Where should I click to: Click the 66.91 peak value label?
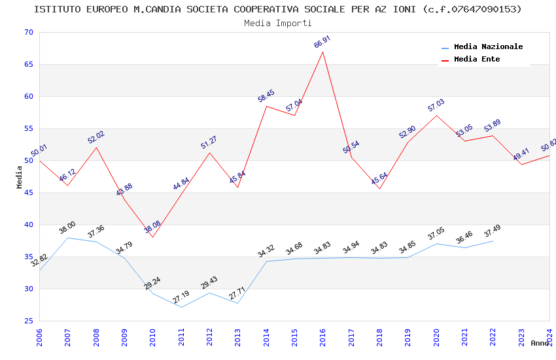322,43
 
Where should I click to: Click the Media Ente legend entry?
477,60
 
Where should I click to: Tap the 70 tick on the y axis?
27,33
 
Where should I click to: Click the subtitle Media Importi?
278,24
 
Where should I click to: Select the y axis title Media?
20,177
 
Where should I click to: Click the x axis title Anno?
540,343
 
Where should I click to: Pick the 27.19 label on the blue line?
181,298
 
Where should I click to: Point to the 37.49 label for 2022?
493,232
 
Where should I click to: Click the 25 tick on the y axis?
27,321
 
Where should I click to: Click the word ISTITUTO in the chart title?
58,9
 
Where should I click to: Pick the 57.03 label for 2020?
436,105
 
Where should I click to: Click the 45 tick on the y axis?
27,193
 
